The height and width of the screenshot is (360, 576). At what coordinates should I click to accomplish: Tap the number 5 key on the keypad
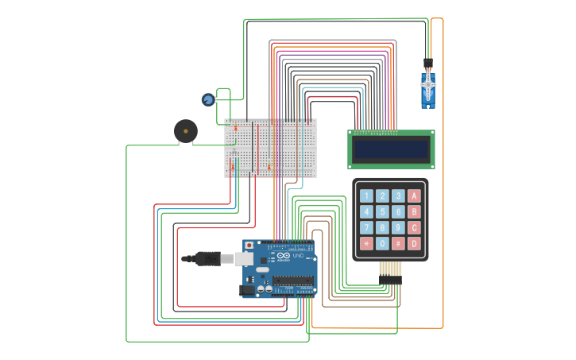pos(382,212)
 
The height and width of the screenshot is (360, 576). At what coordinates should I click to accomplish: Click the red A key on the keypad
pos(414,195)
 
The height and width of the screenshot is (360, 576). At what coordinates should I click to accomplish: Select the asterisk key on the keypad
pos(366,244)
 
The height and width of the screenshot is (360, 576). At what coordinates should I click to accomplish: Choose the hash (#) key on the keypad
pos(398,244)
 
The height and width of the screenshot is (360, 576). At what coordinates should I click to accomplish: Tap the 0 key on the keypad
pos(382,244)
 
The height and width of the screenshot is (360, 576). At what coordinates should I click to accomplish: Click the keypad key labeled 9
pos(398,228)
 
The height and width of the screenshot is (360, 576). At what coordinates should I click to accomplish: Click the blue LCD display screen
pos(391,149)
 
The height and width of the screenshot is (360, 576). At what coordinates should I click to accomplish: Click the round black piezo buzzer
pos(186,130)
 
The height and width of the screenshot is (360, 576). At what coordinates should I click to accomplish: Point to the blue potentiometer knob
pos(208,99)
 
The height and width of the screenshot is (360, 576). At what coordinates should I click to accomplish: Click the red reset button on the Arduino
pos(249,246)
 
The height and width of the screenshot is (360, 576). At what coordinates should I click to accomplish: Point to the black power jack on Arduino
pos(248,290)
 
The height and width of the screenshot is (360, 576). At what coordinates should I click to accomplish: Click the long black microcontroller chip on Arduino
pos(292,281)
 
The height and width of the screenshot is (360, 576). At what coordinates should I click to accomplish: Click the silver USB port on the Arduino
pos(244,259)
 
